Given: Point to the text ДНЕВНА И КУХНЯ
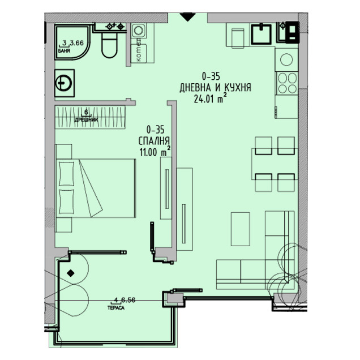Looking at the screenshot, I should point(215,88).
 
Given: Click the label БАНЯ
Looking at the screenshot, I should point(64,51).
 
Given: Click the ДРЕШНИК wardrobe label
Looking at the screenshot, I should point(85,120).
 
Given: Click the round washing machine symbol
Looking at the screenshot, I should point(64,83).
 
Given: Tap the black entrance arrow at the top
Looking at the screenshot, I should point(186,17).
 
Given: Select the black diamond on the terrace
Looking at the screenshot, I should point(70,274).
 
